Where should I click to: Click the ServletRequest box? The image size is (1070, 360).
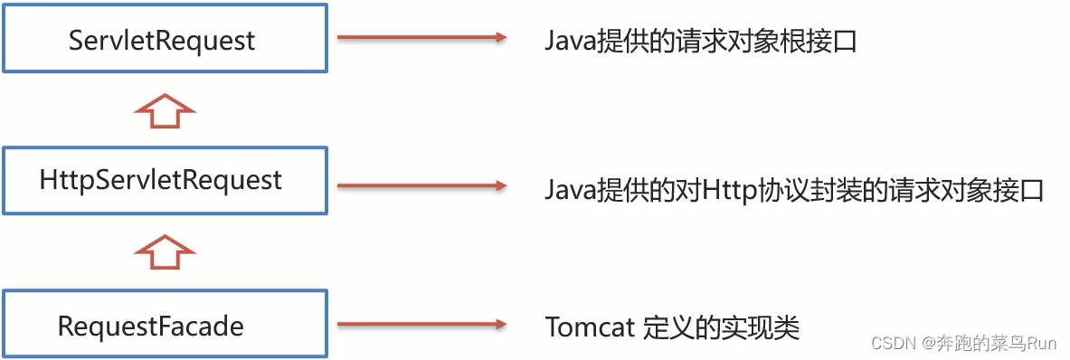[163, 40]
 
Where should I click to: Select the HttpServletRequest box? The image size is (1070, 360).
[163, 181]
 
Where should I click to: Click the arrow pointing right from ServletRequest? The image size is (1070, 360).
[421, 38]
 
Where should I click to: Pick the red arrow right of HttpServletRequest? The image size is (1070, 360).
[421, 185]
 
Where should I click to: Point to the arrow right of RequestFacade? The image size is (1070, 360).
[421, 324]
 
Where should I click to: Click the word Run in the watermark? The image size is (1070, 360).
[1040, 344]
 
